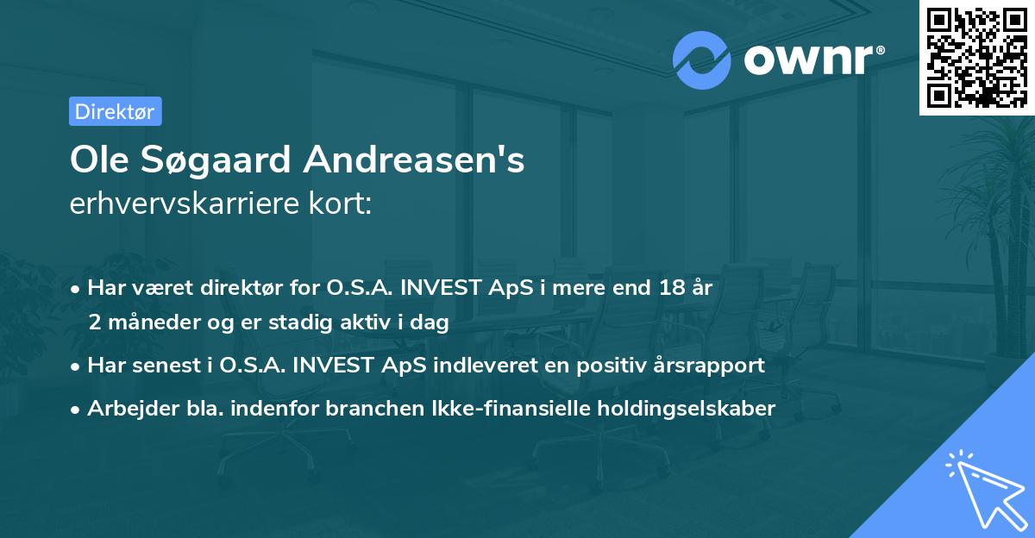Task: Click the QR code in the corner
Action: click(976, 57)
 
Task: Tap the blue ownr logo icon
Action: click(700, 59)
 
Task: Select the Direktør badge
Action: click(115, 111)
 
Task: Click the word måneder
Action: click(154, 322)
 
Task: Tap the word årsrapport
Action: click(712, 365)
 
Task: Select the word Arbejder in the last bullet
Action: click(125, 408)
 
